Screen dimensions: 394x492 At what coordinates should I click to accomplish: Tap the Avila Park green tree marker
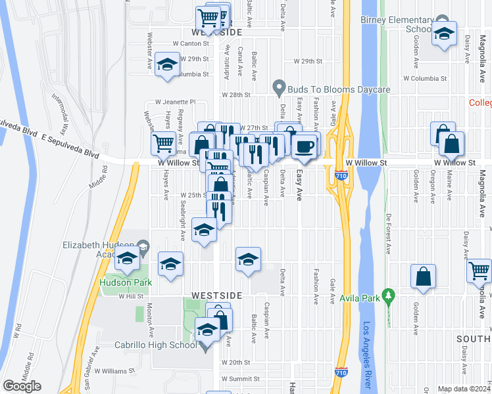click(x=389, y=297)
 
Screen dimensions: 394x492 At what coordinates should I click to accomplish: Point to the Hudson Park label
click(x=126, y=283)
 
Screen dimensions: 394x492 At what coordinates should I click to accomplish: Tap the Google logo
click(x=22, y=386)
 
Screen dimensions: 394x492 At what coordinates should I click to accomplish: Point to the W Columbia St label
click(x=424, y=78)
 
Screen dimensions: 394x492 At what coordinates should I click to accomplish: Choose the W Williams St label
click(x=114, y=370)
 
